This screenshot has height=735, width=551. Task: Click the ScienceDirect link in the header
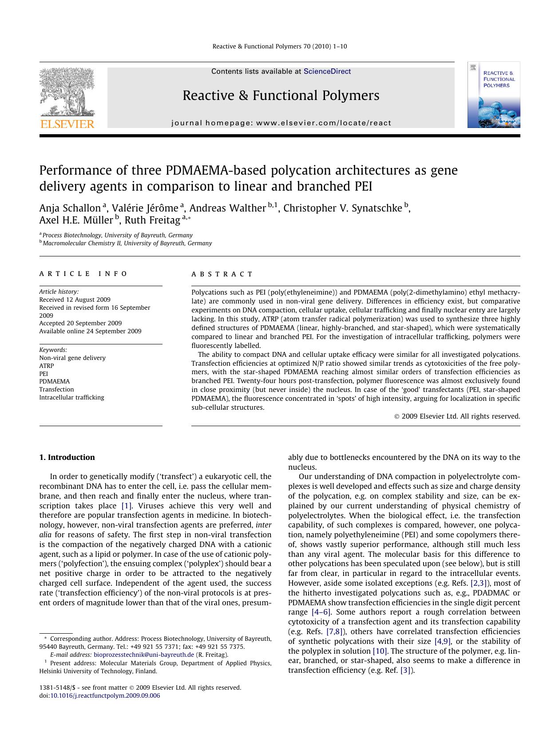327,72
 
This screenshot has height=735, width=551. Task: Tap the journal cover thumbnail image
493,95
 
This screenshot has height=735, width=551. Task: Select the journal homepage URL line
281,123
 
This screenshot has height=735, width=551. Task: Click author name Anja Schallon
70,208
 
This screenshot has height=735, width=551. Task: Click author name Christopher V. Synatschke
342,208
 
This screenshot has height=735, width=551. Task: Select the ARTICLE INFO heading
83,274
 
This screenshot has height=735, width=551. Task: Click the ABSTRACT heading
222,274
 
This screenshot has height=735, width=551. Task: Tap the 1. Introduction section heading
67,457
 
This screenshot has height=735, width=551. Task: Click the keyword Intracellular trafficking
71,397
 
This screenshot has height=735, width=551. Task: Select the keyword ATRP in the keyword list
46,366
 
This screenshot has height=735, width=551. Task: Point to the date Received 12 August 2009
75,300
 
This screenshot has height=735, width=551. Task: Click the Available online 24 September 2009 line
90,331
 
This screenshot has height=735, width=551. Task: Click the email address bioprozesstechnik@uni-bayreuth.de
144,655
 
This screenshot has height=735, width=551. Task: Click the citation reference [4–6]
321,612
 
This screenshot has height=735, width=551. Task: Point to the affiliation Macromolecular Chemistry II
127,244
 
